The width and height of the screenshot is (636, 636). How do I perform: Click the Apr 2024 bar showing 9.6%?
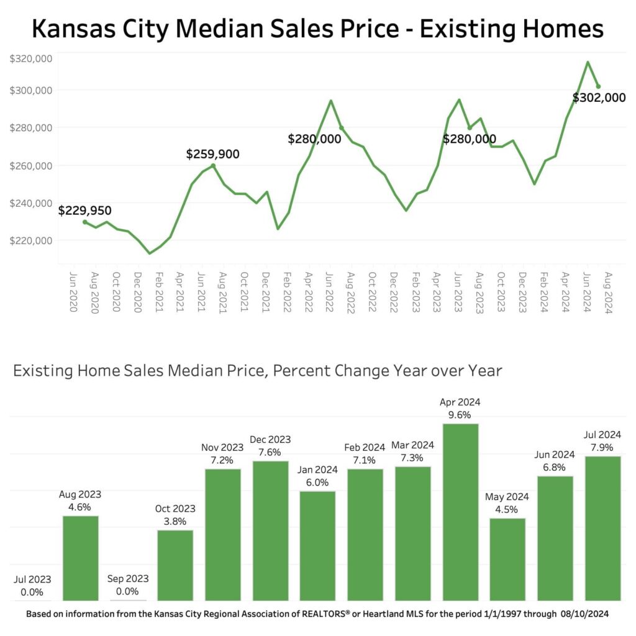pos(460,512)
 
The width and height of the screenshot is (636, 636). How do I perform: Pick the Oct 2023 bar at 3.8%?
pos(175,565)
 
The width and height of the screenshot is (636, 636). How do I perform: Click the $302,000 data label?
pos(599,98)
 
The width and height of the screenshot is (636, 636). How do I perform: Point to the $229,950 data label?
pos(85,211)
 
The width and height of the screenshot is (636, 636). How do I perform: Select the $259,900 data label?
pos(212,154)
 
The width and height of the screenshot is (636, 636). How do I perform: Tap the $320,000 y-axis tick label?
pos(30,59)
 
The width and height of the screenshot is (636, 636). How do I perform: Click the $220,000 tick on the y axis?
pos(30,240)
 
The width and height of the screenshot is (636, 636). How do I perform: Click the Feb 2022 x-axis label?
pos(287,292)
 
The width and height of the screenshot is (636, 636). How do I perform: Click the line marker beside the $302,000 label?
pos(598,86)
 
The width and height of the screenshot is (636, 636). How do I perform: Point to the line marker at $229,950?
pos(85,222)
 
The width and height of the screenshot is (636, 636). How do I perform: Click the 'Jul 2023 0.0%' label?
pos(32,586)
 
